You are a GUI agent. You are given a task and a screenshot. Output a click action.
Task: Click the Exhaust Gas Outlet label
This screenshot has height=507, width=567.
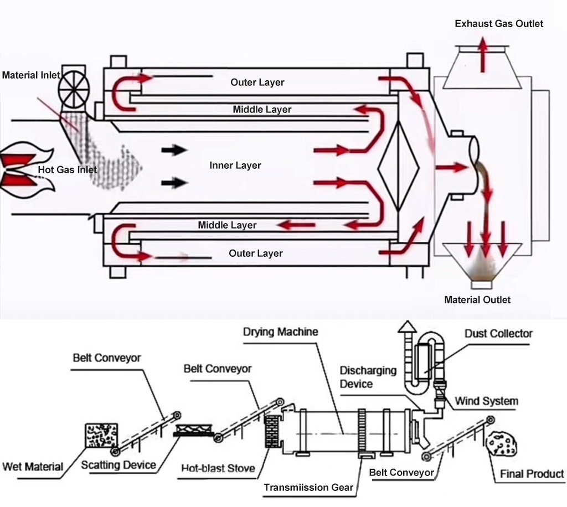point(498,24)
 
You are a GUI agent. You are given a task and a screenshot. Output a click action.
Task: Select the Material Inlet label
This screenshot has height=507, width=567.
point(30,75)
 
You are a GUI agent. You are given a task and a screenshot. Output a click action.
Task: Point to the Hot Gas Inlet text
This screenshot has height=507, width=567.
point(67,169)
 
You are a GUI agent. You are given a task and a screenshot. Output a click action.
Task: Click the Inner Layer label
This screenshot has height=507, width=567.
point(235,165)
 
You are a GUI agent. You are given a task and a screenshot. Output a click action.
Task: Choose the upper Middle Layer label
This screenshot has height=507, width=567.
point(261,110)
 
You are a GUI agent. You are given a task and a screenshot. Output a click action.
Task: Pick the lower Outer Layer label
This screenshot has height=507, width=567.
point(256,253)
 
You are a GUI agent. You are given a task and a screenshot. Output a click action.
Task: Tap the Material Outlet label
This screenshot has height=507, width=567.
point(477,300)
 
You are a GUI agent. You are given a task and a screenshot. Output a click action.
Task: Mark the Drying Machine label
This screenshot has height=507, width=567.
point(280,332)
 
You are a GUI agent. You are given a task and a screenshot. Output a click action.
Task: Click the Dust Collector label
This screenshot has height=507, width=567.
point(498,334)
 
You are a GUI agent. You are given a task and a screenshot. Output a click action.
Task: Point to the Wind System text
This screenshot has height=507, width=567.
point(486,401)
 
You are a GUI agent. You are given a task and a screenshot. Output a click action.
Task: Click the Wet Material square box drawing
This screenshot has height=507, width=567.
point(101,436)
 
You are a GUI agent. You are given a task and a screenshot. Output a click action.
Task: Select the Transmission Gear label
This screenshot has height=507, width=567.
point(308,488)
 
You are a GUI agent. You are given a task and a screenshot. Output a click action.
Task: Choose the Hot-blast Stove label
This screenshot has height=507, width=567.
point(218,468)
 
